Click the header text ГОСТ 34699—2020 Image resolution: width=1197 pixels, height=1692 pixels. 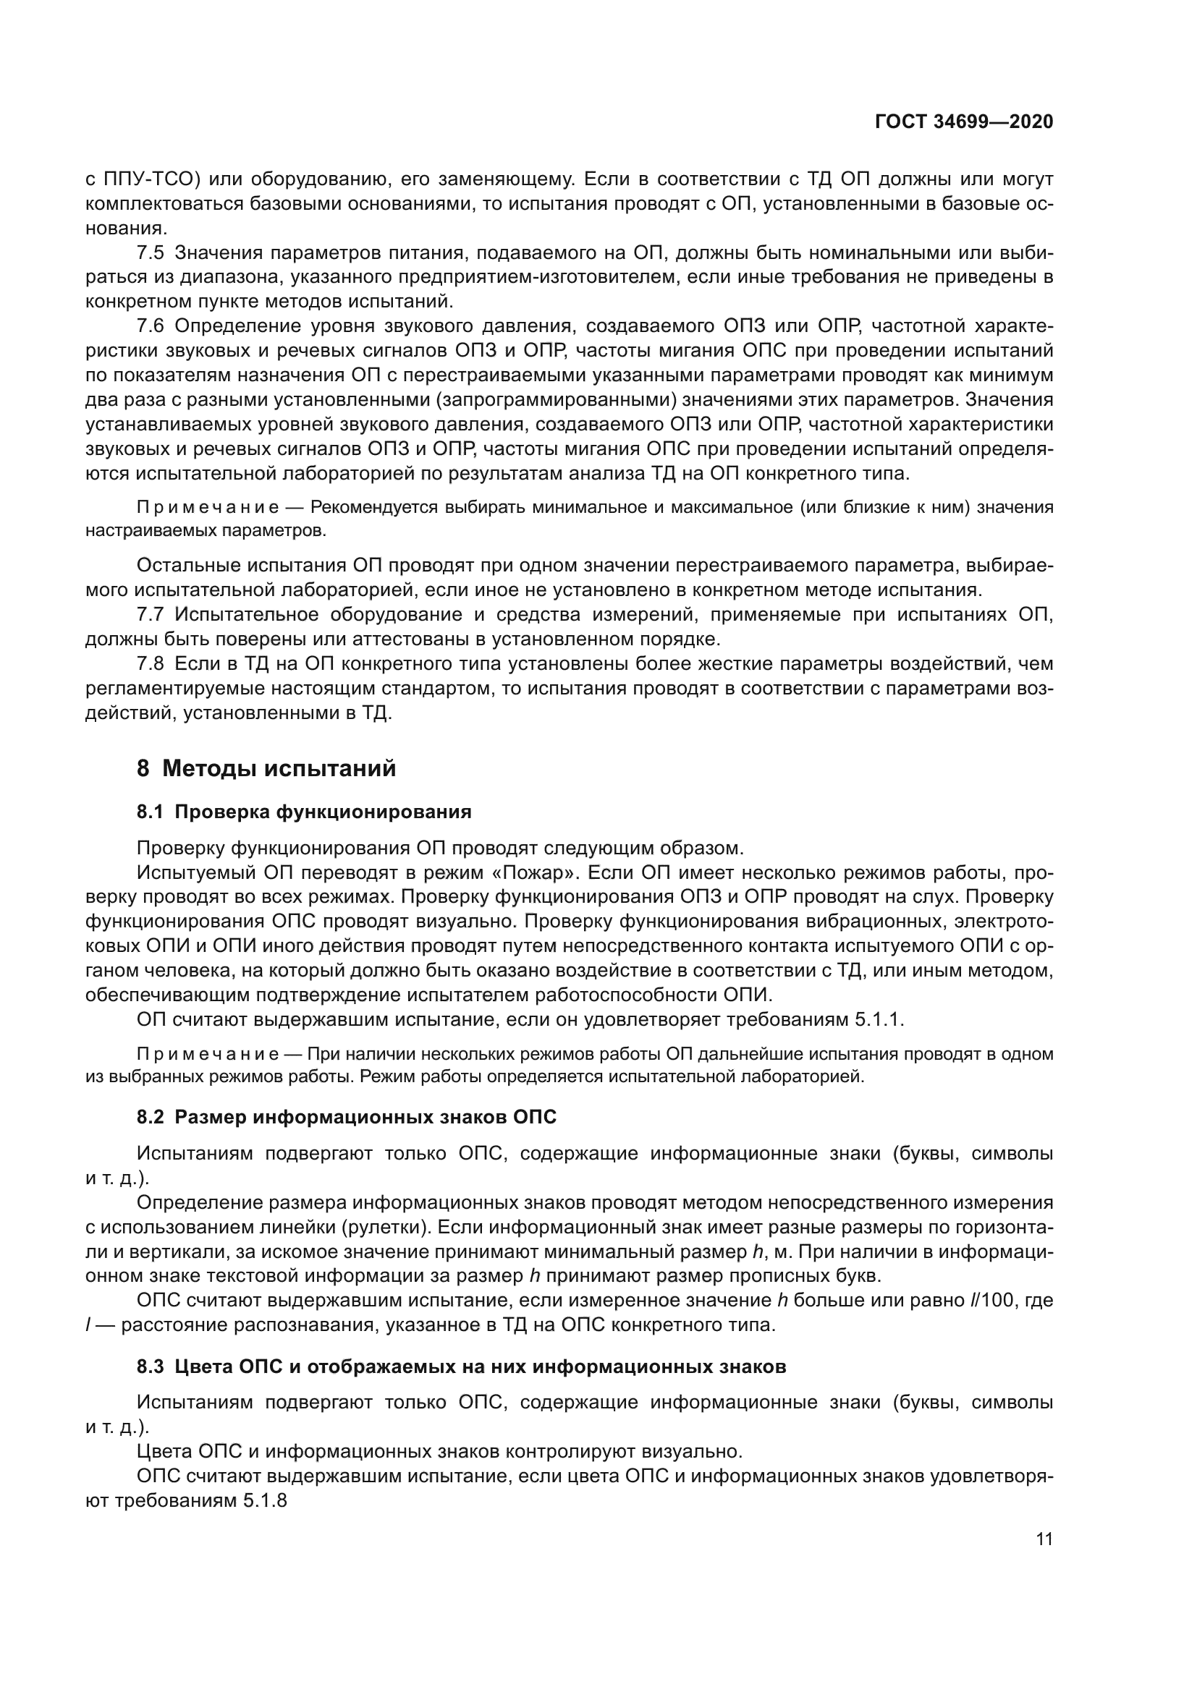pyautogui.click(x=963, y=122)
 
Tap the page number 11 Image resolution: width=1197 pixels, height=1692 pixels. pyautogui.click(x=1044, y=1539)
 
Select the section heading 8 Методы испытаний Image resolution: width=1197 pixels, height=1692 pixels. pyautogui.click(x=266, y=769)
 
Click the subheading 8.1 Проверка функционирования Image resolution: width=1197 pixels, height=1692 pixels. pyautogui.click(x=304, y=812)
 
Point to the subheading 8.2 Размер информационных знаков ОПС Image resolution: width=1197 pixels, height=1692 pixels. pyautogui.click(x=347, y=1117)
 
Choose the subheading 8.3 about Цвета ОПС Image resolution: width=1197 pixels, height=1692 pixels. pyautogui.click(x=462, y=1367)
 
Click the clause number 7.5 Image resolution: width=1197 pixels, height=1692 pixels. pyautogui.click(x=151, y=253)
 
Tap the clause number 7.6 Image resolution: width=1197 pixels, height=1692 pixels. pyautogui.click(x=151, y=326)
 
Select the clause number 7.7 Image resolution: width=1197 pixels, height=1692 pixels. pyautogui.click(x=151, y=615)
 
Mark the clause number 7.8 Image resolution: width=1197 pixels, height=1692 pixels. pyautogui.click(x=151, y=664)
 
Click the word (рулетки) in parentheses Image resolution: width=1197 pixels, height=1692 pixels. pyautogui.click(x=386, y=1228)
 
